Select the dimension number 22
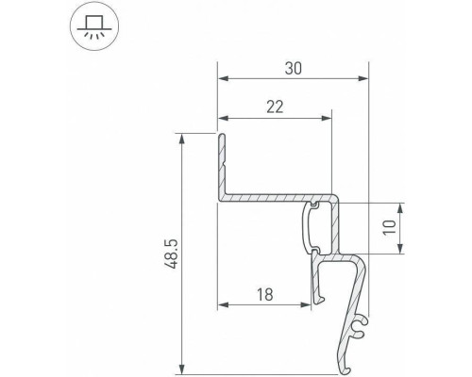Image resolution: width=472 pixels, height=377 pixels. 275,107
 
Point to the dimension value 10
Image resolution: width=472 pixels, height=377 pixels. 415,228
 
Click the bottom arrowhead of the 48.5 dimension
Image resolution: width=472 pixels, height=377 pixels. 179,366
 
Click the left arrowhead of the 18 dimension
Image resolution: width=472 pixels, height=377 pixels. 223,305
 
